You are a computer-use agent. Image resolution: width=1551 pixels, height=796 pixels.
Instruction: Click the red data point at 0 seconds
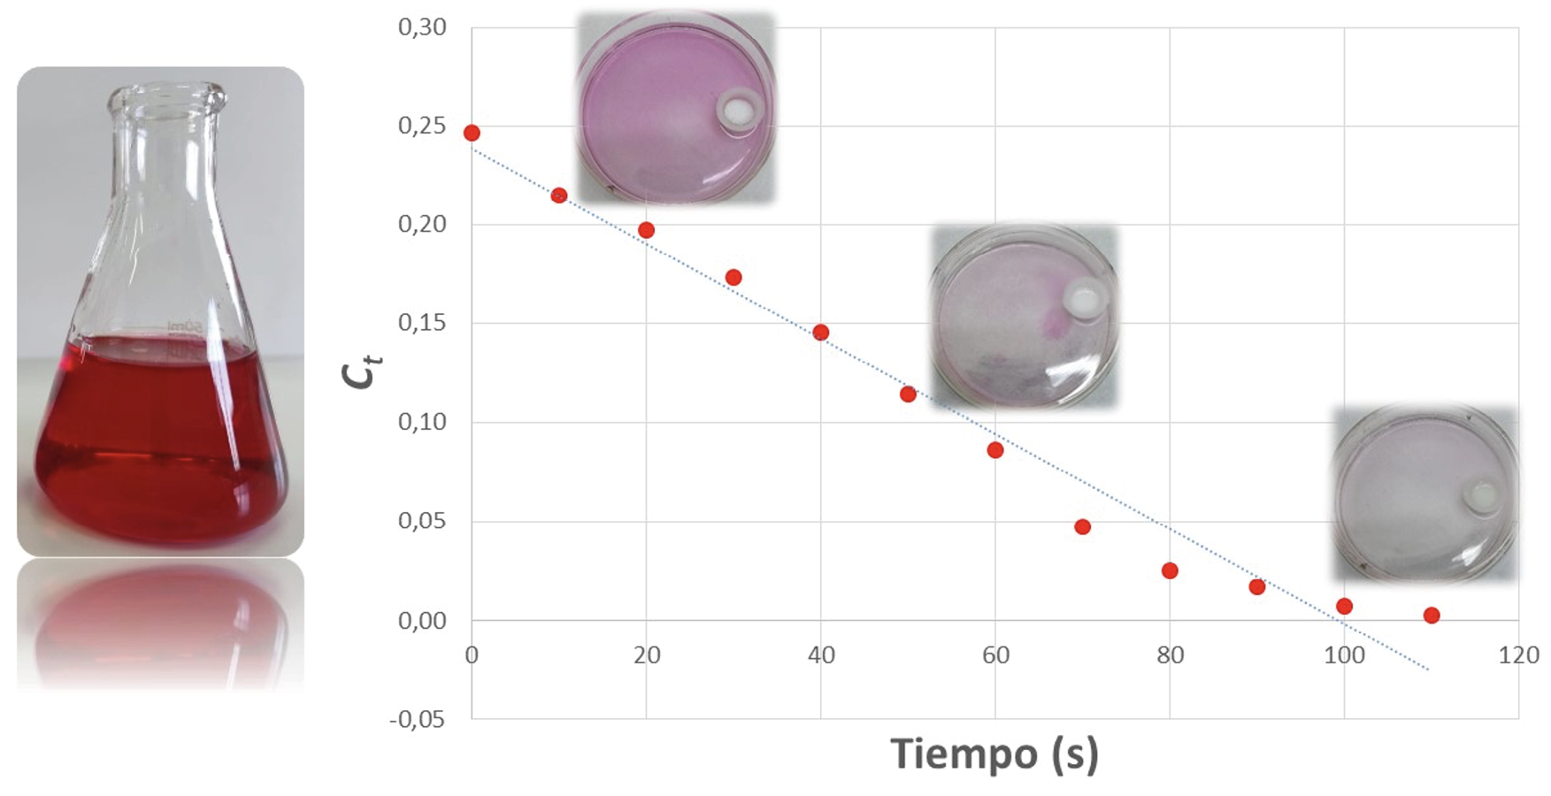472,133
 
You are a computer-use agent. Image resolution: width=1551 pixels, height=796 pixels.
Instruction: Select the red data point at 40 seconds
821,333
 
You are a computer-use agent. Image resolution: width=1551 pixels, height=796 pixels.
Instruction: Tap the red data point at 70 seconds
1082,527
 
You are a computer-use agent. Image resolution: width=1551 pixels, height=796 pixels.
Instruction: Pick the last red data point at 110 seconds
1432,616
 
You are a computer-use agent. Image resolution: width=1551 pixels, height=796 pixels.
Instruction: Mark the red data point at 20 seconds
646,230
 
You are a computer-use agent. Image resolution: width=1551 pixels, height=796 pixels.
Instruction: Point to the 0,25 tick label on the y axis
422,126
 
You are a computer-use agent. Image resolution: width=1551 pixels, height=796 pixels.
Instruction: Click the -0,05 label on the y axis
418,719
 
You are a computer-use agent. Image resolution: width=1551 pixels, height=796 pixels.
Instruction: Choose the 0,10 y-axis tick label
422,422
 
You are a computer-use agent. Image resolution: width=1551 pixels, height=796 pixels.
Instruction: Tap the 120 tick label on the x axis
1518,655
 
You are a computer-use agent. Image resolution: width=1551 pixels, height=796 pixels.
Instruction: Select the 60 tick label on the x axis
995,655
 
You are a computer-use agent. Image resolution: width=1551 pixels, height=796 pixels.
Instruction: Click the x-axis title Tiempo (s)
994,754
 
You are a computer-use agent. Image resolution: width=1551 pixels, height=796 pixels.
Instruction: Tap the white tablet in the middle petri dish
1083,300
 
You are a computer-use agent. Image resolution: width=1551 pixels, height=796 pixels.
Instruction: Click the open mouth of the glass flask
167,91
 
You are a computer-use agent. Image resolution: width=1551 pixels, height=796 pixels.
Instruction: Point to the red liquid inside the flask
159,442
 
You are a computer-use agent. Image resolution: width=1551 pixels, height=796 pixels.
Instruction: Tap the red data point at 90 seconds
1257,587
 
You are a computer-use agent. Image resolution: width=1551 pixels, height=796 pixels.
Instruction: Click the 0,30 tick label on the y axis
422,27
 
